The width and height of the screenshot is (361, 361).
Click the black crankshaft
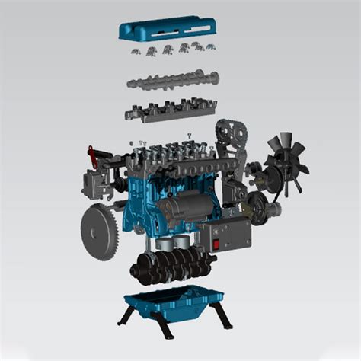coord(168,266)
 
